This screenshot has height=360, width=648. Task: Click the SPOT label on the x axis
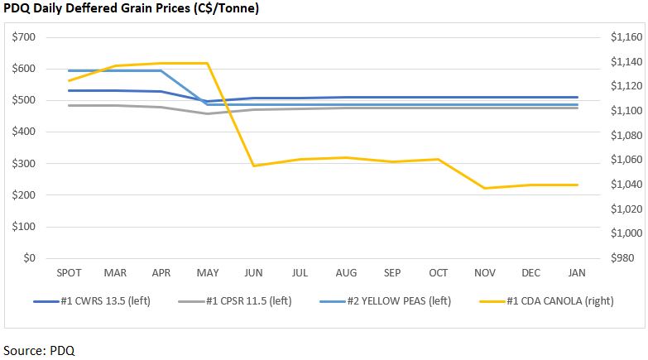[x=69, y=273]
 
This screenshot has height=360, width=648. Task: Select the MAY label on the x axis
[x=207, y=273]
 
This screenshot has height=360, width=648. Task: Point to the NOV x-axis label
[x=485, y=273]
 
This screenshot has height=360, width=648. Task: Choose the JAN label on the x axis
[x=578, y=273]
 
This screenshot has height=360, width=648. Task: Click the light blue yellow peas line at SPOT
[x=69, y=71]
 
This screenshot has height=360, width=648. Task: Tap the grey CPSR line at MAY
[x=207, y=113]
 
